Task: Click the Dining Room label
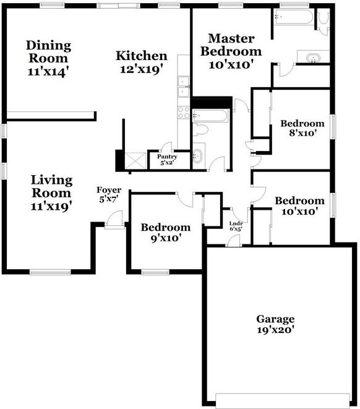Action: tap(48, 51)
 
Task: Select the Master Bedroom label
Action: tap(231, 45)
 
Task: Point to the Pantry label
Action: tap(167, 157)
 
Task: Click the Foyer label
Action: tap(109, 190)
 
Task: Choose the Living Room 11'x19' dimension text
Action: tap(51, 206)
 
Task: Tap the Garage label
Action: tap(275, 319)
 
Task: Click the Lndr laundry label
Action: tap(236, 223)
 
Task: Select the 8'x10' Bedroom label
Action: tap(302, 123)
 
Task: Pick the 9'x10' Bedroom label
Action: tap(166, 228)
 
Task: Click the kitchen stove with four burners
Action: tap(184, 113)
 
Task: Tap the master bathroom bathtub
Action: tap(293, 17)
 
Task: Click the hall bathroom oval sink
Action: tap(197, 156)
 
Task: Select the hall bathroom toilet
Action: tap(201, 130)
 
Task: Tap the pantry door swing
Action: tap(167, 147)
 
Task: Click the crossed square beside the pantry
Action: tap(135, 160)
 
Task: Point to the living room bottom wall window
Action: tap(50, 272)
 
